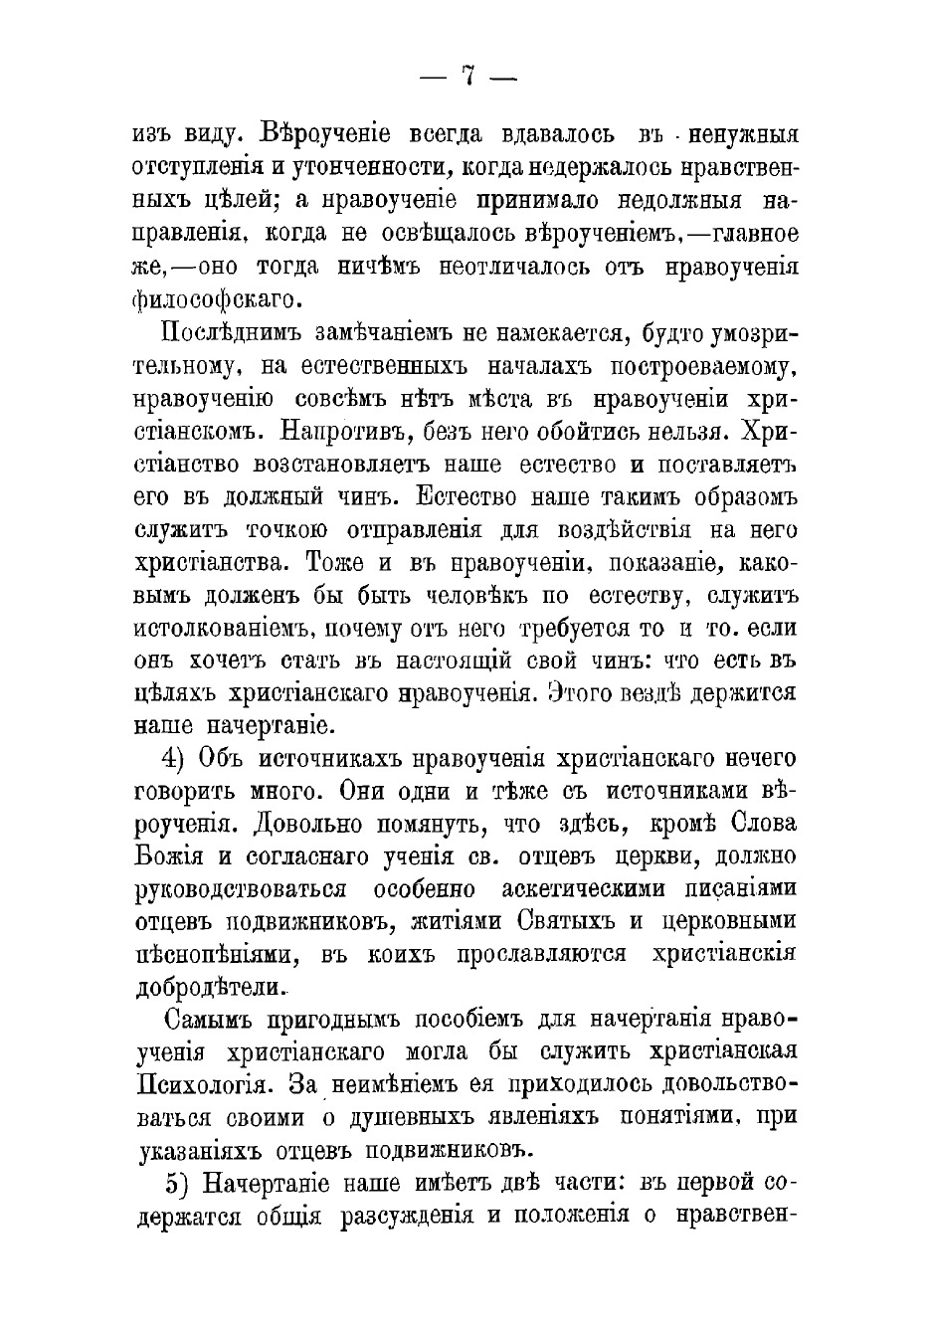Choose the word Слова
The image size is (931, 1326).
coord(764,825)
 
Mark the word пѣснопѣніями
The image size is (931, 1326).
coord(217,955)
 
